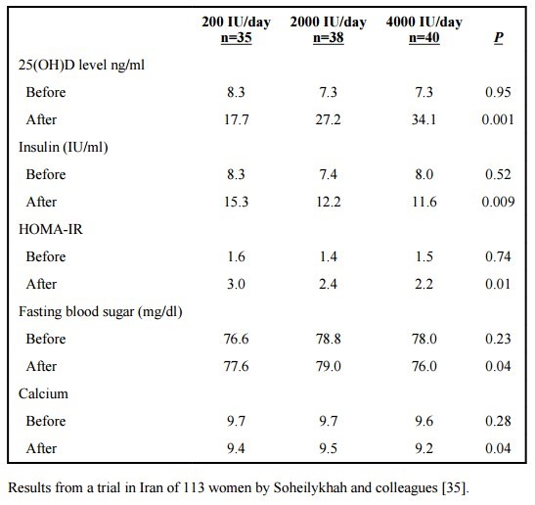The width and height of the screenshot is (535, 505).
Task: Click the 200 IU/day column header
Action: (x=236, y=23)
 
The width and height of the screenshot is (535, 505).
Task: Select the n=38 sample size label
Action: (x=329, y=37)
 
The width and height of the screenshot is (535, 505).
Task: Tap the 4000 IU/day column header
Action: (x=424, y=23)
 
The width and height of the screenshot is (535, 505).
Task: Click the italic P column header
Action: (x=499, y=37)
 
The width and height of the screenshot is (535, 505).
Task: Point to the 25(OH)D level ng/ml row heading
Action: (x=81, y=65)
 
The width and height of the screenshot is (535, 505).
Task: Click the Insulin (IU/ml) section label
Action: (x=64, y=147)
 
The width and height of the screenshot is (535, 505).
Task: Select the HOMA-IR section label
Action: (x=51, y=229)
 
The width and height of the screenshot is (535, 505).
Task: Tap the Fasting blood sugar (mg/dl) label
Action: (x=101, y=312)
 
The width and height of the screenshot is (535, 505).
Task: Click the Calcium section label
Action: (x=43, y=393)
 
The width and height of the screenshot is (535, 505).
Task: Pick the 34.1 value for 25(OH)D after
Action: (x=424, y=119)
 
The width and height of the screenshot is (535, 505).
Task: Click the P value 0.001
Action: (x=498, y=119)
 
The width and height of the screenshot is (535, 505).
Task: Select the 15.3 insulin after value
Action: (x=236, y=202)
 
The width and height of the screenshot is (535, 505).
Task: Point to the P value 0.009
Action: (x=498, y=202)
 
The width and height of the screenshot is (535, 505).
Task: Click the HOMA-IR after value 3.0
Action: (x=236, y=284)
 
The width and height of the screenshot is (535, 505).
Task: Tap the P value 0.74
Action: (x=498, y=256)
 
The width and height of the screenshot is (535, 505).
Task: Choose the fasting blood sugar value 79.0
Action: (x=329, y=366)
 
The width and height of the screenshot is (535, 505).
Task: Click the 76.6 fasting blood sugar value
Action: (x=236, y=339)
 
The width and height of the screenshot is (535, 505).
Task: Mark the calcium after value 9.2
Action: (x=424, y=448)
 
